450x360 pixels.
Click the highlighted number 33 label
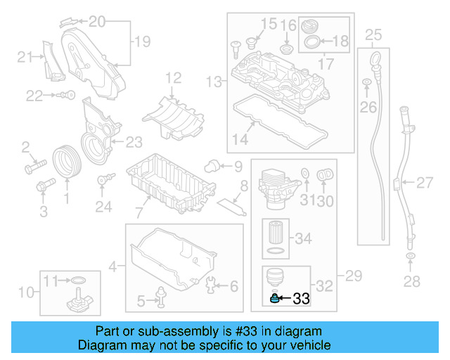coord(301,299)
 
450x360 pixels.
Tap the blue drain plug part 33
coord(276,299)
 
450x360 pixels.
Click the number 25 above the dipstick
coord(373,33)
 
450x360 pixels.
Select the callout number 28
coord(411,282)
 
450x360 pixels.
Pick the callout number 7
coord(139,211)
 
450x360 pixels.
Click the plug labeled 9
coord(210,166)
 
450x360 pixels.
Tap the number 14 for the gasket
coord(240,139)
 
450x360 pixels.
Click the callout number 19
coord(142,42)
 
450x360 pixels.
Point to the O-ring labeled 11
coord(78,283)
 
